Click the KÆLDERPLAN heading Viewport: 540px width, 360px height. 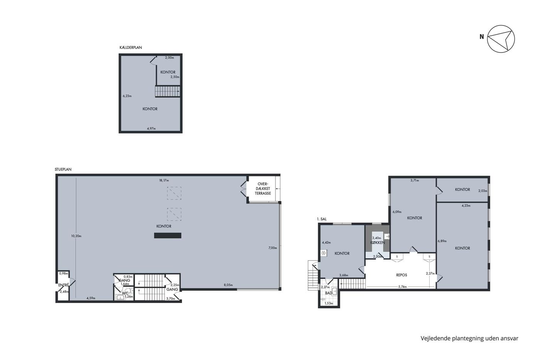(x=131, y=47)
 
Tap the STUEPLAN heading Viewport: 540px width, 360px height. (x=63, y=169)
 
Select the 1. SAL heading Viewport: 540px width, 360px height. (x=322, y=219)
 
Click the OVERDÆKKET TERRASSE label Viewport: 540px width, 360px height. (x=263, y=189)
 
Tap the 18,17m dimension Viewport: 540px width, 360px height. (x=164, y=180)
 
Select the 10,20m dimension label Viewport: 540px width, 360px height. (x=76, y=236)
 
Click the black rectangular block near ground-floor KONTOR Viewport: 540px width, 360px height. (x=168, y=235)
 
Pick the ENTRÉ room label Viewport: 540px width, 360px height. (x=64, y=285)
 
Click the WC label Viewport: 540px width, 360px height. (x=125, y=293)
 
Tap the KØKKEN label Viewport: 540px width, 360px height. (x=378, y=243)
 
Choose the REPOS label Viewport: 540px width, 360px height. (x=402, y=275)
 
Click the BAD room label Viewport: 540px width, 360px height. (x=329, y=293)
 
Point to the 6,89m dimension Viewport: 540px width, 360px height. (x=442, y=241)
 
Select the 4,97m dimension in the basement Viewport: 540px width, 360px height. (x=151, y=128)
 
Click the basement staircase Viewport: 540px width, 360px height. (x=167, y=91)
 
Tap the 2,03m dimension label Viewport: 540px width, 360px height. (x=483, y=191)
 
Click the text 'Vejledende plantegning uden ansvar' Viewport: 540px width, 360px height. (x=469, y=338)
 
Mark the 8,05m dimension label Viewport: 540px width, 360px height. (x=228, y=285)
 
